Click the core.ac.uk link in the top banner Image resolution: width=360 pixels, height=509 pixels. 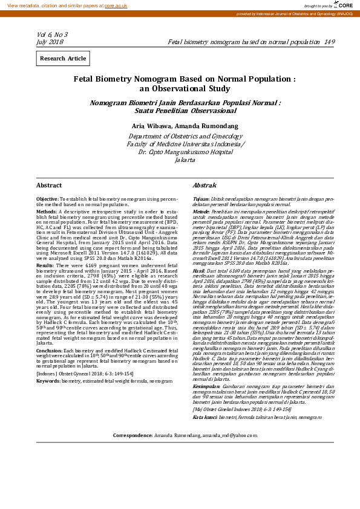click(x=116, y=5)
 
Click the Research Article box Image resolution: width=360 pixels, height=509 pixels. click(x=63, y=59)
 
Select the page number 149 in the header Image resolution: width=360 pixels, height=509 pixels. click(x=329, y=42)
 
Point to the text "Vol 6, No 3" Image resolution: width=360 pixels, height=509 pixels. click(x=52, y=35)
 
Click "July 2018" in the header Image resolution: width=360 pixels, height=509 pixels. click(x=50, y=42)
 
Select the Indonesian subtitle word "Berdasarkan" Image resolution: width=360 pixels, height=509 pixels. click(x=199, y=103)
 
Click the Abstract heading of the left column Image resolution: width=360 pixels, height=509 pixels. click(x=49, y=185)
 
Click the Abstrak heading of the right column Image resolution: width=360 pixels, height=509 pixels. click(x=204, y=185)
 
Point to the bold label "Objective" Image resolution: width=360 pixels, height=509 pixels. click(x=47, y=199)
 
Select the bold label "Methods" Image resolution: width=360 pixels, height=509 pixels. click(x=47, y=212)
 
